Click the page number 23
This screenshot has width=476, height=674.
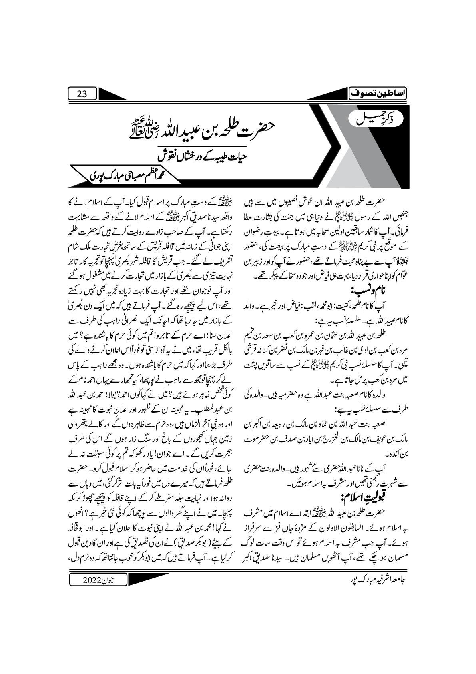82,94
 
